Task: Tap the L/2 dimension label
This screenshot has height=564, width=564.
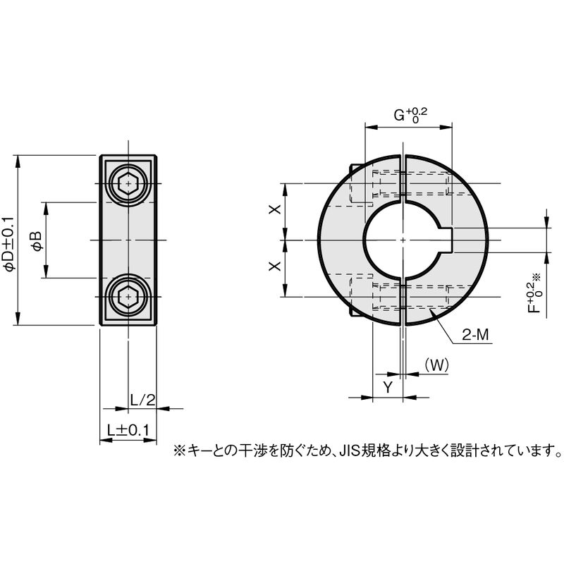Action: (142, 400)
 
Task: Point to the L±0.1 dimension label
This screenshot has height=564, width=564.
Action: (128, 429)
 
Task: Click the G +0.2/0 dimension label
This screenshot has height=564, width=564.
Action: (409, 116)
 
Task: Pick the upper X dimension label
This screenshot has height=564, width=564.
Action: (276, 210)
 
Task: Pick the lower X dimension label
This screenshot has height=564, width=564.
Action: (276, 266)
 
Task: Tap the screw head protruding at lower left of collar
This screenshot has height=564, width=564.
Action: (355, 309)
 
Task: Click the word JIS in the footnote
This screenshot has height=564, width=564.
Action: (350, 449)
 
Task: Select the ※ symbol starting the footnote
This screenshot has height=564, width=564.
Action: (178, 449)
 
